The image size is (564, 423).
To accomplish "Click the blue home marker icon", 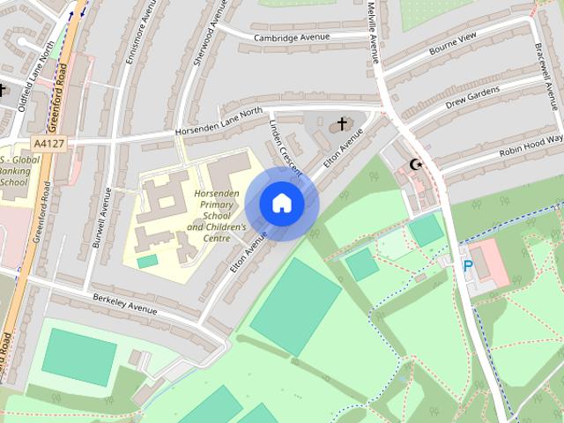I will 281,204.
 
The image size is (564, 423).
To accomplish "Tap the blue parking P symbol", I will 468,265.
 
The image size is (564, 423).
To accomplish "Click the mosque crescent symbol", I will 417,165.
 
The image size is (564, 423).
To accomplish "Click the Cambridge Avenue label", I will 291,37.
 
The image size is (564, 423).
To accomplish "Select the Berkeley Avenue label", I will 124,304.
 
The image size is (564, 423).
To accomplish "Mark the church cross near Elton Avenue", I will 342,124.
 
